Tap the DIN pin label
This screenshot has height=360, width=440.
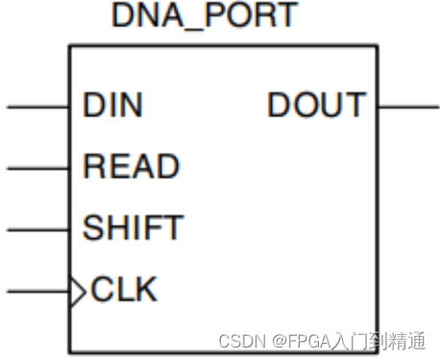pyautogui.click(x=112, y=106)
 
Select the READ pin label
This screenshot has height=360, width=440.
pyautogui.click(x=131, y=167)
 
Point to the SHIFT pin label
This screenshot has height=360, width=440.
pyautogui.click(x=133, y=228)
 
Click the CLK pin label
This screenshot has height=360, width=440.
pyautogui.click(x=124, y=289)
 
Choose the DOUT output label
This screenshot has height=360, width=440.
pyautogui.click(x=317, y=106)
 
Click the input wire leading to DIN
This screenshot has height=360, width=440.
pyautogui.click(x=37, y=106)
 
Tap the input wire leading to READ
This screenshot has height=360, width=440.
pyautogui.click(x=37, y=168)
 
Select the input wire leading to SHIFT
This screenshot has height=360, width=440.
pyautogui.click(x=37, y=229)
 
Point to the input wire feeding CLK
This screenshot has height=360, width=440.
pyautogui.click(x=37, y=290)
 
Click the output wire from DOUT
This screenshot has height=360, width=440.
pyautogui.click(x=408, y=106)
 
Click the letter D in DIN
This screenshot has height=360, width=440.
pyautogui.click(x=94, y=106)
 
